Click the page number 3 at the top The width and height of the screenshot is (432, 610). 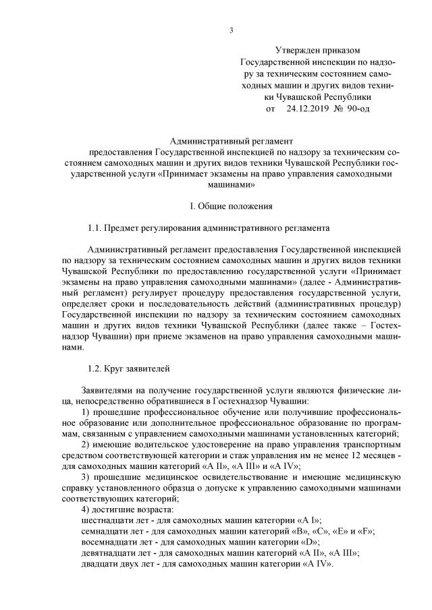pos(231,30)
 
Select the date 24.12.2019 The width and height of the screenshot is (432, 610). pos(308,107)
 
